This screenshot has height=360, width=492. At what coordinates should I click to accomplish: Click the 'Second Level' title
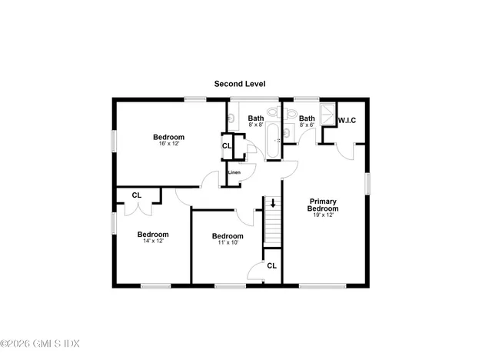click(240, 84)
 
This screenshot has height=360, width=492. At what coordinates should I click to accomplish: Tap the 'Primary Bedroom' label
click(323, 205)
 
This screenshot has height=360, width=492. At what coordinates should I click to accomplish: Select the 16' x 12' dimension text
click(169, 144)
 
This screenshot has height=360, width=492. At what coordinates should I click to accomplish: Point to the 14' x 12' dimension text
click(154, 241)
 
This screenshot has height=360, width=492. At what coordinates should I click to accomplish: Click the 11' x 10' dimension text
click(228, 242)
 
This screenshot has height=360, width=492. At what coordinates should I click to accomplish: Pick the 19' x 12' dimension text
click(323, 215)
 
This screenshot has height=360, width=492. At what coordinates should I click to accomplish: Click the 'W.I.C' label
click(347, 120)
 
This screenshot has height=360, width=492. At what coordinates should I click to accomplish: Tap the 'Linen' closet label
click(234, 172)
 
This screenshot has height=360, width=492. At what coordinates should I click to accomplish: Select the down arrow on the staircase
click(273, 203)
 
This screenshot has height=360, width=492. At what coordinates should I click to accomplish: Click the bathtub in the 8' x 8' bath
click(272, 141)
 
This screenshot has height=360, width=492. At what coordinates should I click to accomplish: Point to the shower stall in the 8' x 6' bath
click(327, 115)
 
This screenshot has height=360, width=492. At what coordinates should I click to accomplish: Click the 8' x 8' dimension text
click(256, 125)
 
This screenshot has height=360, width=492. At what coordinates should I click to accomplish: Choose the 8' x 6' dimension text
click(307, 125)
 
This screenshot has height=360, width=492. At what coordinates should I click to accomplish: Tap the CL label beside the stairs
click(271, 266)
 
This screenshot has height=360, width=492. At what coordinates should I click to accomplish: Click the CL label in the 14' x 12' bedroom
click(137, 195)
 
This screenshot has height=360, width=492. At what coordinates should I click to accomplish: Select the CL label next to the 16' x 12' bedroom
click(227, 146)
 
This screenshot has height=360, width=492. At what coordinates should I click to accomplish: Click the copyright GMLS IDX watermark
click(40, 343)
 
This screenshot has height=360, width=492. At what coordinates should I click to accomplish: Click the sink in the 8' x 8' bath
click(231, 118)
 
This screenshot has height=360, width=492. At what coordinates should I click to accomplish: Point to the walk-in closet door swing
click(345, 152)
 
